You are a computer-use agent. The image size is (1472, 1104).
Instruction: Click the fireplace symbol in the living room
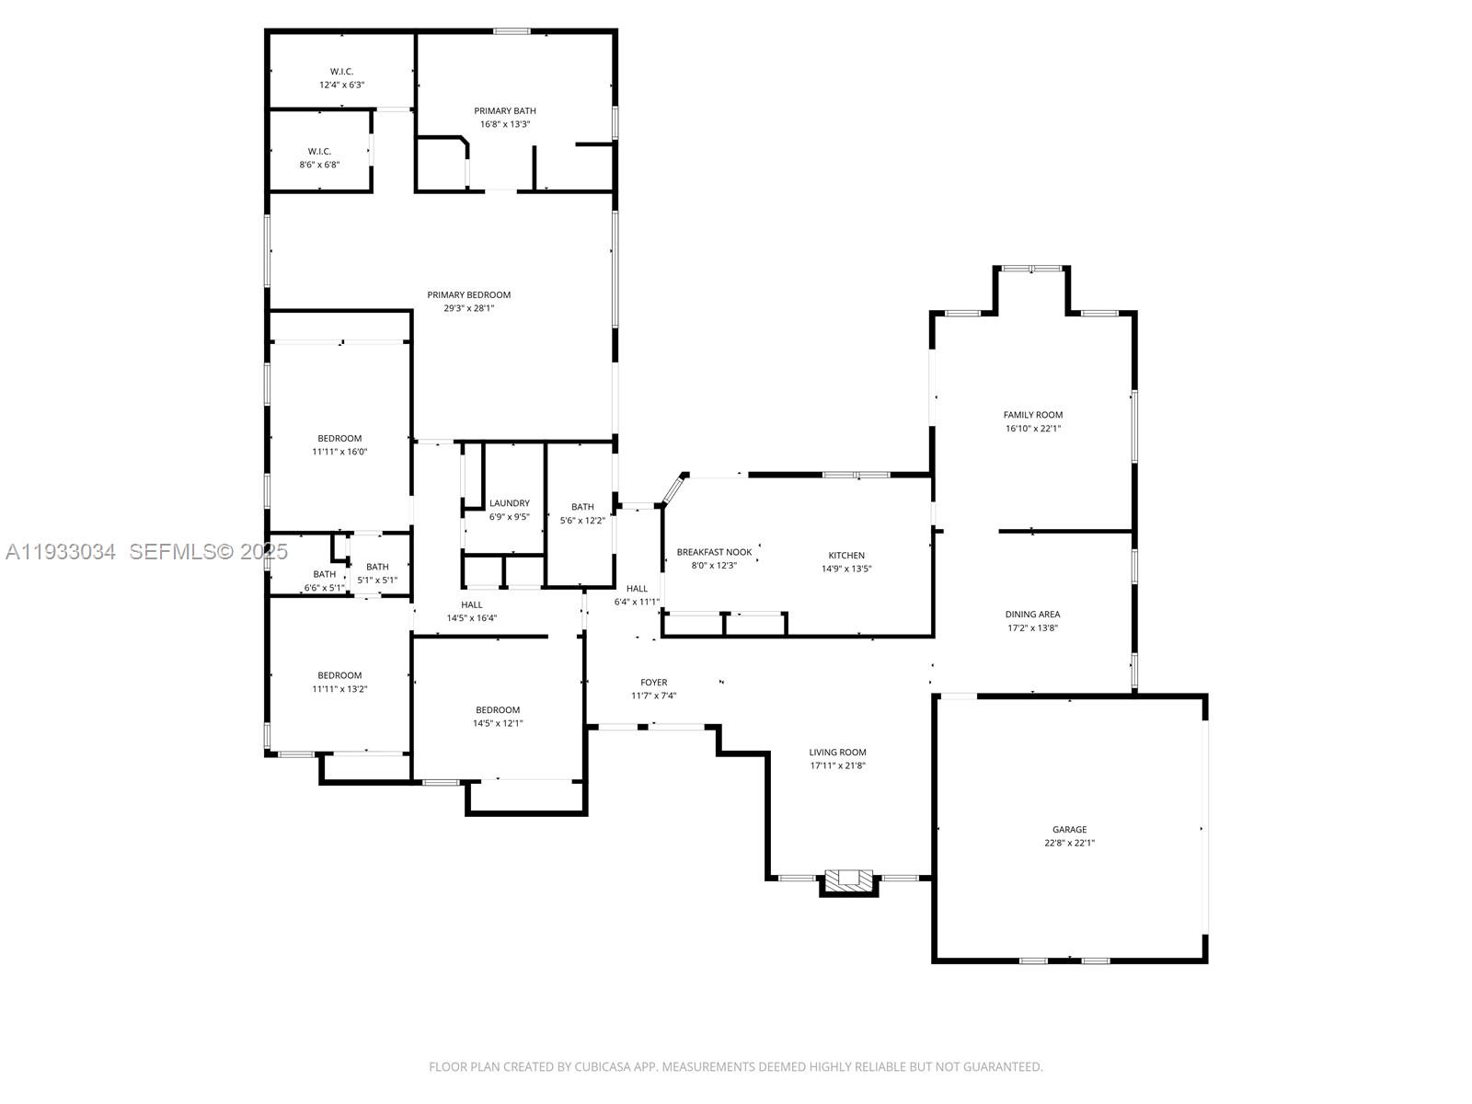848,880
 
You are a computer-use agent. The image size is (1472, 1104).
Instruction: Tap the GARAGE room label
1069,829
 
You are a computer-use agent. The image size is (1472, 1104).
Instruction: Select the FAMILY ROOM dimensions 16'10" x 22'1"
1032,429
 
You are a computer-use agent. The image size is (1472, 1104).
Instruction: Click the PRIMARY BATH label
505,111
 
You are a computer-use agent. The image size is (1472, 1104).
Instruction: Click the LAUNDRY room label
509,503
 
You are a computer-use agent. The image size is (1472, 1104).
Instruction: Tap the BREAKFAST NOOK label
714,552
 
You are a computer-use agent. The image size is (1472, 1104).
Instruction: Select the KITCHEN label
846,556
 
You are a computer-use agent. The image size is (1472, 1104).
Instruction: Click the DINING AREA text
1032,615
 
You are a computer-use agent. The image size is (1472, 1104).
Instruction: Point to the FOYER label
654,683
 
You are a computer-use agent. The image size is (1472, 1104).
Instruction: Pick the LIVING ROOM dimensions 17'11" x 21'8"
837,765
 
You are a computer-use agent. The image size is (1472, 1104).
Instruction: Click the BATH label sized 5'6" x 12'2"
582,507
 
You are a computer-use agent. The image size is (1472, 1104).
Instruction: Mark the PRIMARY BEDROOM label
468,295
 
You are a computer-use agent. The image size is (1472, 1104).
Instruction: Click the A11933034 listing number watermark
61,552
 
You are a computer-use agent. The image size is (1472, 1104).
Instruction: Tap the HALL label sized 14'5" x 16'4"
472,604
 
